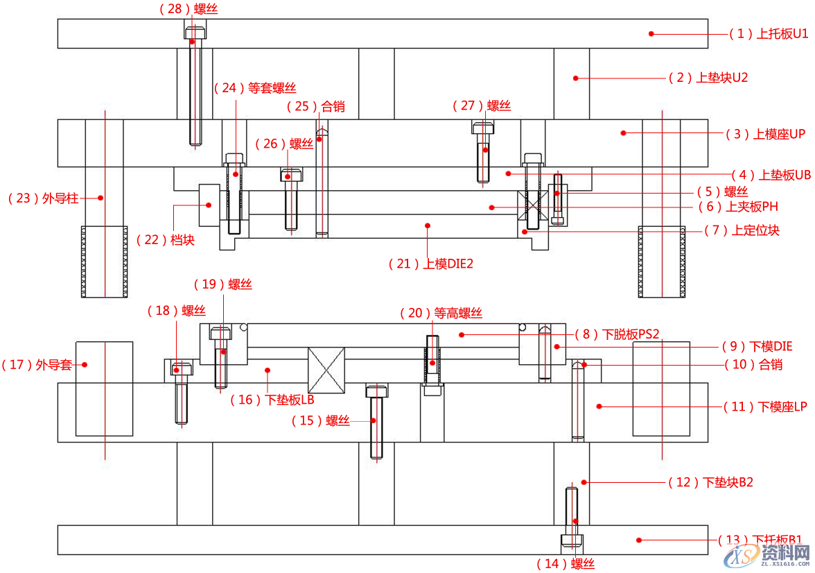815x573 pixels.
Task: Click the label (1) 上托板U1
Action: [769, 33]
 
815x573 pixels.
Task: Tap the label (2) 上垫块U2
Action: [708, 78]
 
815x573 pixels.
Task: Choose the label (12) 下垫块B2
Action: [710, 482]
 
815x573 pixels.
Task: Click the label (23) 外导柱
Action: [43, 198]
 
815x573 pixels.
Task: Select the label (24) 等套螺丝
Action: [255, 88]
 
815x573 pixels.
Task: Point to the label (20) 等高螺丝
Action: [441, 314]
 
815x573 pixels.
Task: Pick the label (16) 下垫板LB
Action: [272, 400]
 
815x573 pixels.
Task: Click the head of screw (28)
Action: [196, 31]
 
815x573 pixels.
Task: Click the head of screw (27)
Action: [484, 127]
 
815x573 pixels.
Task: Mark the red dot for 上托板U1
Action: [651, 33]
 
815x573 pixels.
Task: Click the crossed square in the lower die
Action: [326, 370]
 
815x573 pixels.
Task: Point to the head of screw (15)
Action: [377, 391]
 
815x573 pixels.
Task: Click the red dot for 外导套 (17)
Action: [85, 364]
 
